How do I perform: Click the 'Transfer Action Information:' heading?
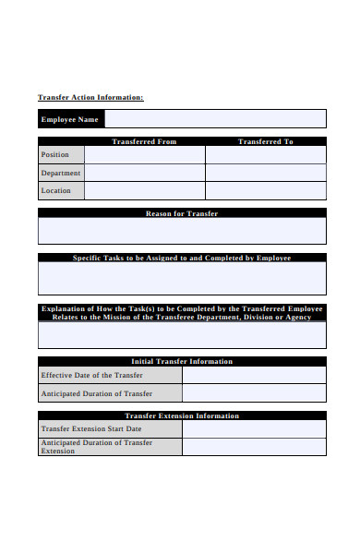point(90,97)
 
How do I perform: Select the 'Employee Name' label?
point(69,119)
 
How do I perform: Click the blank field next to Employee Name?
point(215,119)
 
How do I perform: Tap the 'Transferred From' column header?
point(144,141)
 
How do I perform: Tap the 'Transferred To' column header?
point(265,141)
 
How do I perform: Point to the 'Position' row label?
point(55,155)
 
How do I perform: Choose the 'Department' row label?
point(61,173)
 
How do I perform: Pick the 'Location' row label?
point(56,191)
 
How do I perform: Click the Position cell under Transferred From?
point(145,155)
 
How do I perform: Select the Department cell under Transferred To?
point(266,173)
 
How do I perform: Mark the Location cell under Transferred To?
point(266,191)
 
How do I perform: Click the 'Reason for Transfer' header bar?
point(182,213)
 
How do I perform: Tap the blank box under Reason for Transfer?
point(182,231)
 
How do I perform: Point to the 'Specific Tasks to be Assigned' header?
point(182,258)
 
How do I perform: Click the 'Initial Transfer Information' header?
point(182,361)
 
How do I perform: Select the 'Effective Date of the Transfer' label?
point(92,375)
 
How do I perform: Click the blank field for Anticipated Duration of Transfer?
point(254,393)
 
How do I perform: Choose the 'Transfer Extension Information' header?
point(182,415)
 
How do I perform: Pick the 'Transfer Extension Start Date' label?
point(91,428)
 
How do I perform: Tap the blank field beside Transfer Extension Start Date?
point(254,428)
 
